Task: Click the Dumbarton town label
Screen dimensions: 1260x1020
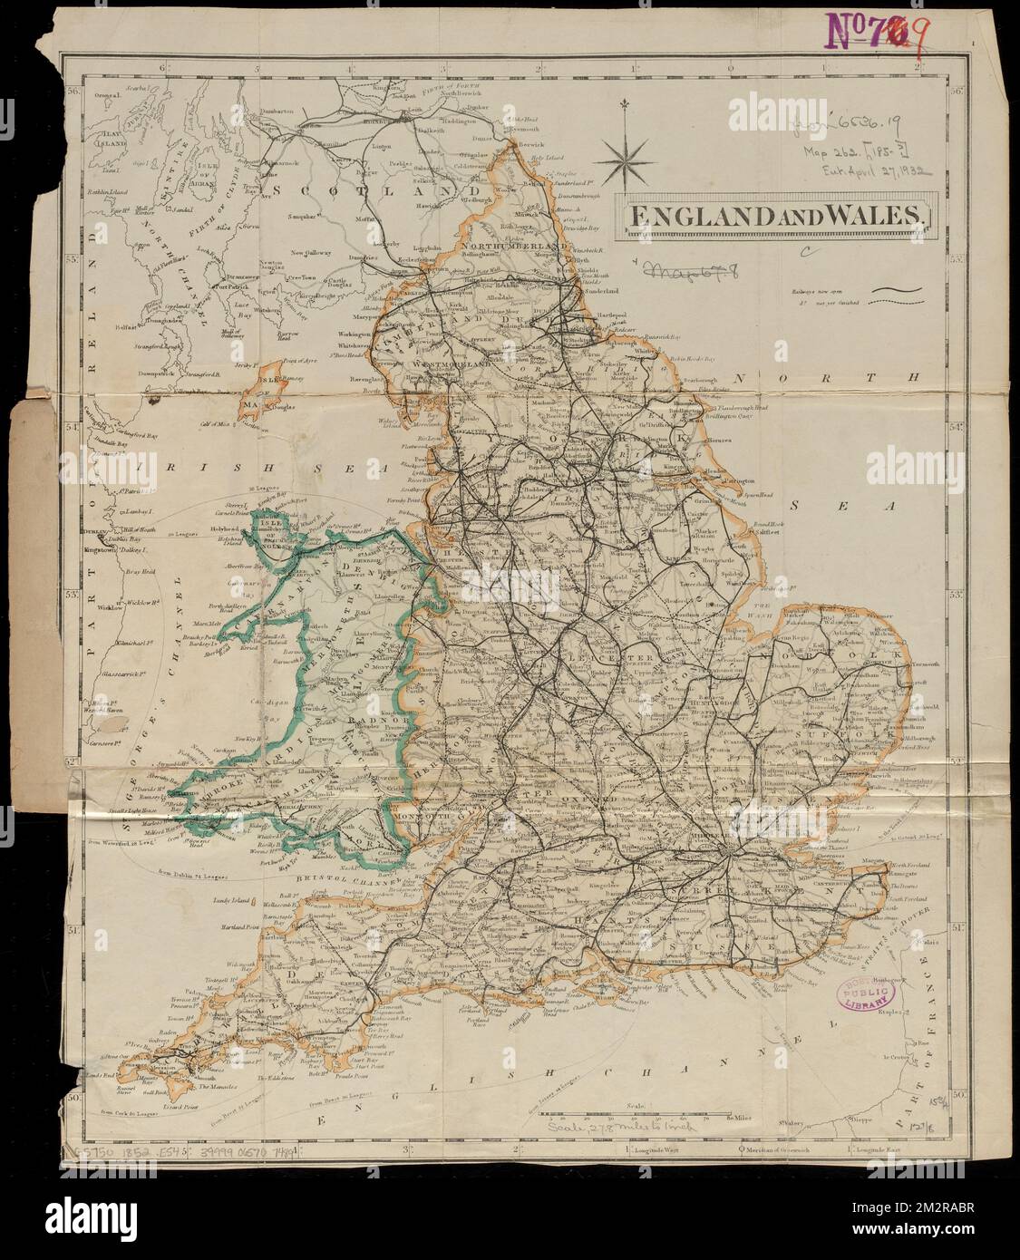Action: point(278,110)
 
